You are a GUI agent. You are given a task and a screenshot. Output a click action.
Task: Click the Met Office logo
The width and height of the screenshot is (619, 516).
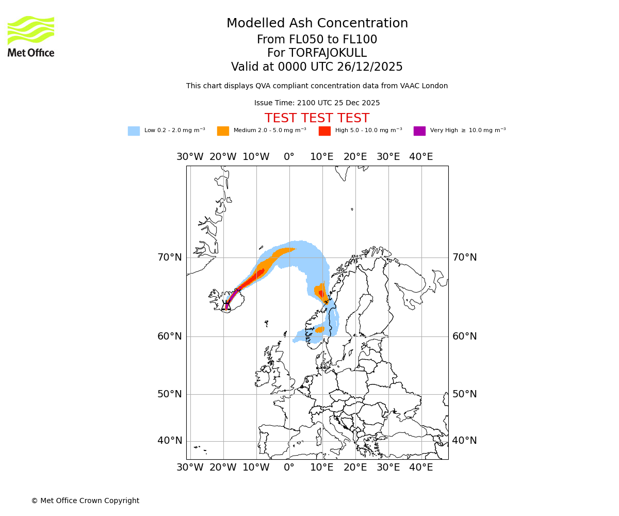coord(31,36)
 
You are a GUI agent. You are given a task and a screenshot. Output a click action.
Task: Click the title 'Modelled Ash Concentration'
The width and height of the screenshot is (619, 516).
coord(317,23)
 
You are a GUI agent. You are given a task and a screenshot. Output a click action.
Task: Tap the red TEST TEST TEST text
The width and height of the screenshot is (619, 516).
coord(317,118)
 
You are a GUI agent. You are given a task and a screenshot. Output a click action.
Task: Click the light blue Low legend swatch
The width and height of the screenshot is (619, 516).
coord(134,131)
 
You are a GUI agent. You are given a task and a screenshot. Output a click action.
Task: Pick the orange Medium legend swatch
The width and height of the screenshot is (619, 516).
coord(223,131)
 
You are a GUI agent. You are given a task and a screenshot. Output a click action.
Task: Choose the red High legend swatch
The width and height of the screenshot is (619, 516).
coord(324,131)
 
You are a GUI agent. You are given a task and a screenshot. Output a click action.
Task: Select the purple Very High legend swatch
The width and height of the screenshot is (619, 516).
coord(419,131)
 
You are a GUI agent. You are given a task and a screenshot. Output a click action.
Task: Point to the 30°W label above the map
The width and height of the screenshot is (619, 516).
coord(190,157)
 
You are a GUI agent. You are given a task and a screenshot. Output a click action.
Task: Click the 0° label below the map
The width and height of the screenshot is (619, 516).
coord(289,467)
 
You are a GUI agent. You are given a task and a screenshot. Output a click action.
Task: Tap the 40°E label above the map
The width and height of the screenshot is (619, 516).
coord(421,157)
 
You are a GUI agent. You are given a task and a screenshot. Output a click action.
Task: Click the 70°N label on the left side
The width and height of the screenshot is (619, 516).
coord(170,257)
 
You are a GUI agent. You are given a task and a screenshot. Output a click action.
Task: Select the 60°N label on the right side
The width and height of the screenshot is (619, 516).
coord(464,336)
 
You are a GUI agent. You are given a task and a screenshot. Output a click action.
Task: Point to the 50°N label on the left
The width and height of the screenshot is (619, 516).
coord(170,394)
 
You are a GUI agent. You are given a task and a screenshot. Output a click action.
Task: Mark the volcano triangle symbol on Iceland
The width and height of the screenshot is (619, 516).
coord(226,306)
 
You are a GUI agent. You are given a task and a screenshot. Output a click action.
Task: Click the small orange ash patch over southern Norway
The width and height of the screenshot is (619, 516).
coord(320,329)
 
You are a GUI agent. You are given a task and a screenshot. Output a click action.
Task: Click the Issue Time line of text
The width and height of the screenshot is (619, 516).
coord(317,103)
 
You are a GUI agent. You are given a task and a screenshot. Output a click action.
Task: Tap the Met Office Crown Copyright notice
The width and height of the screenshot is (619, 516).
coord(85,501)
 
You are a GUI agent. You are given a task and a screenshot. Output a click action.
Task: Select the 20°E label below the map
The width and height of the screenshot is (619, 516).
coord(355,467)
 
